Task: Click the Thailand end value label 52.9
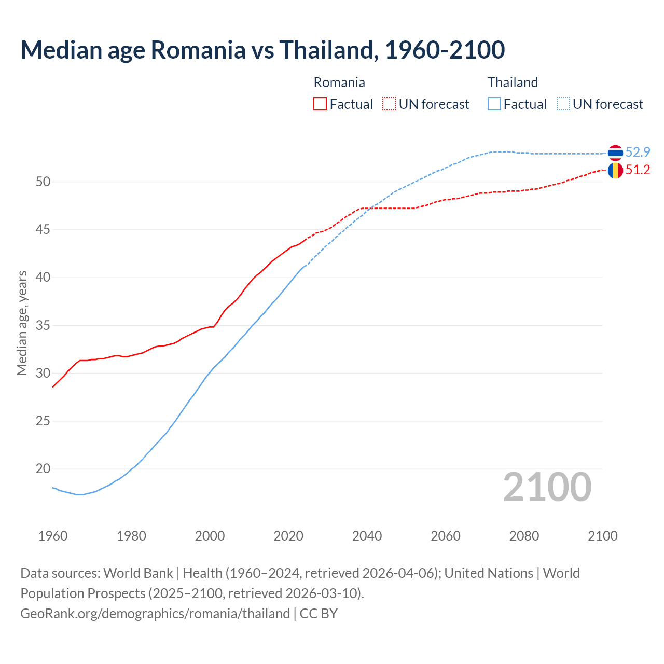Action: [638, 152]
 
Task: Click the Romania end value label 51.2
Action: [638, 170]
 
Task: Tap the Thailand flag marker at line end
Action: [615, 153]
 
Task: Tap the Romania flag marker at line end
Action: [615, 170]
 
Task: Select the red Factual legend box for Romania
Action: [320, 104]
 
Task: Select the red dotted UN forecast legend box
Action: [389, 104]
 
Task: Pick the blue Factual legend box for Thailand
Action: [494, 104]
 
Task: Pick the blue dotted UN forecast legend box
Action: [563, 104]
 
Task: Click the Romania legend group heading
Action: [339, 82]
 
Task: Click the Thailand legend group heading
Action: [513, 82]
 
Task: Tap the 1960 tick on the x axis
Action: [53, 536]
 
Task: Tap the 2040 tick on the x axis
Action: [367, 536]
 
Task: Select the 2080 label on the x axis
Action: [524, 536]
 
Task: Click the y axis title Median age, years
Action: [22, 323]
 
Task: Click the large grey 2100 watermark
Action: [547, 487]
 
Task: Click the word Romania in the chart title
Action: [198, 50]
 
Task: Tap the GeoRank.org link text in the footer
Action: [155, 614]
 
